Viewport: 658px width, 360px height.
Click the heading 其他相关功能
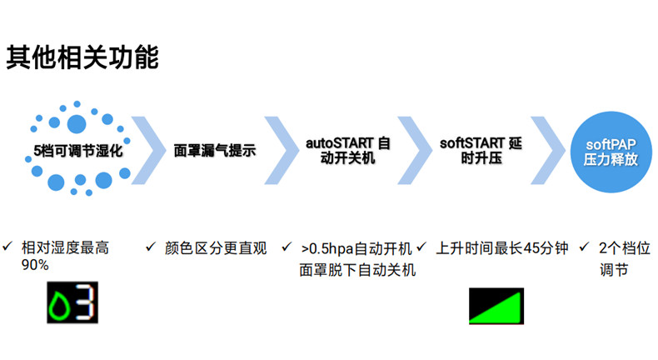[82, 57]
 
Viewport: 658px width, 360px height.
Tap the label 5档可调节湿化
[78, 150]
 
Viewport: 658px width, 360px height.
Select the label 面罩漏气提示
[215, 150]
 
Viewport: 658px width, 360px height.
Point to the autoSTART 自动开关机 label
[348, 150]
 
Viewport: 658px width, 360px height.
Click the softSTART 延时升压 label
[481, 150]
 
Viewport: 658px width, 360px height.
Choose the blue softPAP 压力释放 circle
[611, 152]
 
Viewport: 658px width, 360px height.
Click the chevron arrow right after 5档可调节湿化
[148, 150]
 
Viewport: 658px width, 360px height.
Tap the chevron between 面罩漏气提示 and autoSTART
[282, 150]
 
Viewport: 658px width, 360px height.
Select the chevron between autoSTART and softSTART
[415, 150]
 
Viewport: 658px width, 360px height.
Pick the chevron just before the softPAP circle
[547, 150]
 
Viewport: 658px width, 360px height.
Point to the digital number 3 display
[87, 302]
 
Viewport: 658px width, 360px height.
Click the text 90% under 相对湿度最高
[35, 265]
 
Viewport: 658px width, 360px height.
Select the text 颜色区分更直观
[216, 248]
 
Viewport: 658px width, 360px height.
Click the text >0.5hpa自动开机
[356, 248]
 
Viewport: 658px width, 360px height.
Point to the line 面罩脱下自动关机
[357, 270]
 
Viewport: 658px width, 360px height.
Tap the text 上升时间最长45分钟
[502, 248]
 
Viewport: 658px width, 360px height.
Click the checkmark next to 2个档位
[584, 247]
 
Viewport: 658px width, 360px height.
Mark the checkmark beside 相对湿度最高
[7, 246]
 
